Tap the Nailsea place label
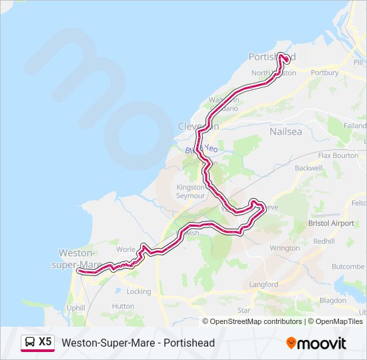click(x=286, y=131)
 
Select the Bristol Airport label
click(x=331, y=223)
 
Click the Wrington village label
click(x=285, y=248)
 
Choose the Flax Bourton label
click(x=338, y=155)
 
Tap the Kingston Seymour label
click(x=190, y=192)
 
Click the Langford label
click(x=263, y=285)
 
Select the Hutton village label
click(x=123, y=306)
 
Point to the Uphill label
click(x=75, y=308)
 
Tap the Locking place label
click(x=139, y=291)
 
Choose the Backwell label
click(x=308, y=168)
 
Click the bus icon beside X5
click(x=30, y=342)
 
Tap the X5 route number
click(x=45, y=342)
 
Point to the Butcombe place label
click(x=348, y=266)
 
